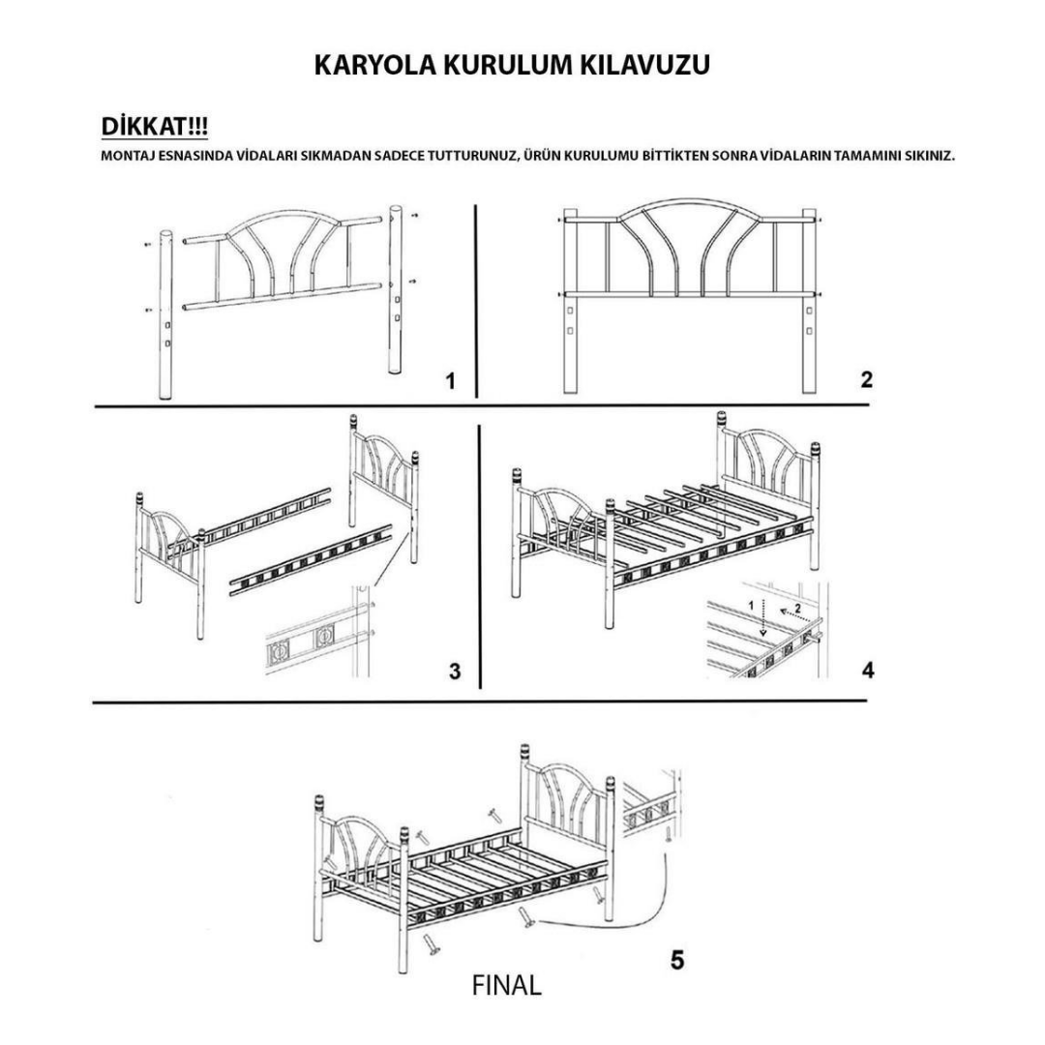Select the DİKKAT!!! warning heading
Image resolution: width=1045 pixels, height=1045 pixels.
pos(154,129)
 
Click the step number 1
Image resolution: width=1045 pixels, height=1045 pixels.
pos(450,381)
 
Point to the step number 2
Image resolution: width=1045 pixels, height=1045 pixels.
pos(867,379)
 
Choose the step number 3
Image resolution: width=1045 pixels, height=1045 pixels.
pos(455,671)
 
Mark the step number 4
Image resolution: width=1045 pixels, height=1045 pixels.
pos(868,670)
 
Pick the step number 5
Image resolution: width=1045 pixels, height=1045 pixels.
pos(677,961)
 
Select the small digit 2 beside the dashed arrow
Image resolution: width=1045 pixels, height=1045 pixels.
pos(798,609)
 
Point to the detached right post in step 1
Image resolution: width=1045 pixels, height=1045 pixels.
pos(396,290)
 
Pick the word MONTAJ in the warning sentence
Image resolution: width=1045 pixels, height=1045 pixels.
pos(126,156)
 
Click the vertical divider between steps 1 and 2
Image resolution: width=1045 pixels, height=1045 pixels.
pos(475,300)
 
